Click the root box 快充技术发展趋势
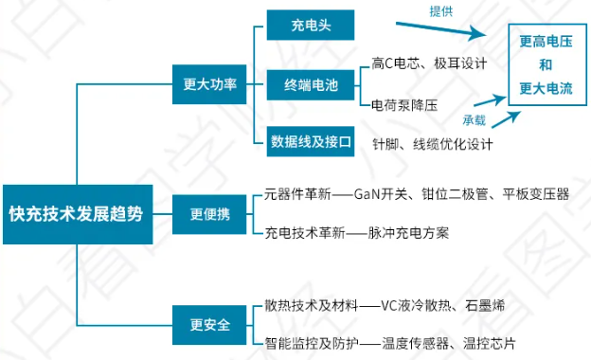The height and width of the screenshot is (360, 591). [x=76, y=213]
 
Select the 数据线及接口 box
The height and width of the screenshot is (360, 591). [x=310, y=143]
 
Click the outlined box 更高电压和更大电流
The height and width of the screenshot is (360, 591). [x=546, y=65]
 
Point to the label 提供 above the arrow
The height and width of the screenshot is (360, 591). [x=441, y=10]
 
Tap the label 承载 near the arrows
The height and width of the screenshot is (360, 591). [x=474, y=121]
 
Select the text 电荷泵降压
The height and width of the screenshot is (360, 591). [x=404, y=105]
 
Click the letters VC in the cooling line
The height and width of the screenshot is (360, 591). [x=389, y=305]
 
